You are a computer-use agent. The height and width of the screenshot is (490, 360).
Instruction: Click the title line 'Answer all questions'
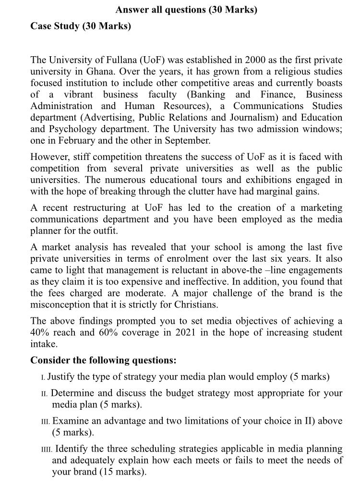(186, 10)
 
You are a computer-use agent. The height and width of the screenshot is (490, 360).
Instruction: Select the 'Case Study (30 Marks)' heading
(81, 26)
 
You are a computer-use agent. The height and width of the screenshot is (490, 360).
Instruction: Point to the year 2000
(255, 60)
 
